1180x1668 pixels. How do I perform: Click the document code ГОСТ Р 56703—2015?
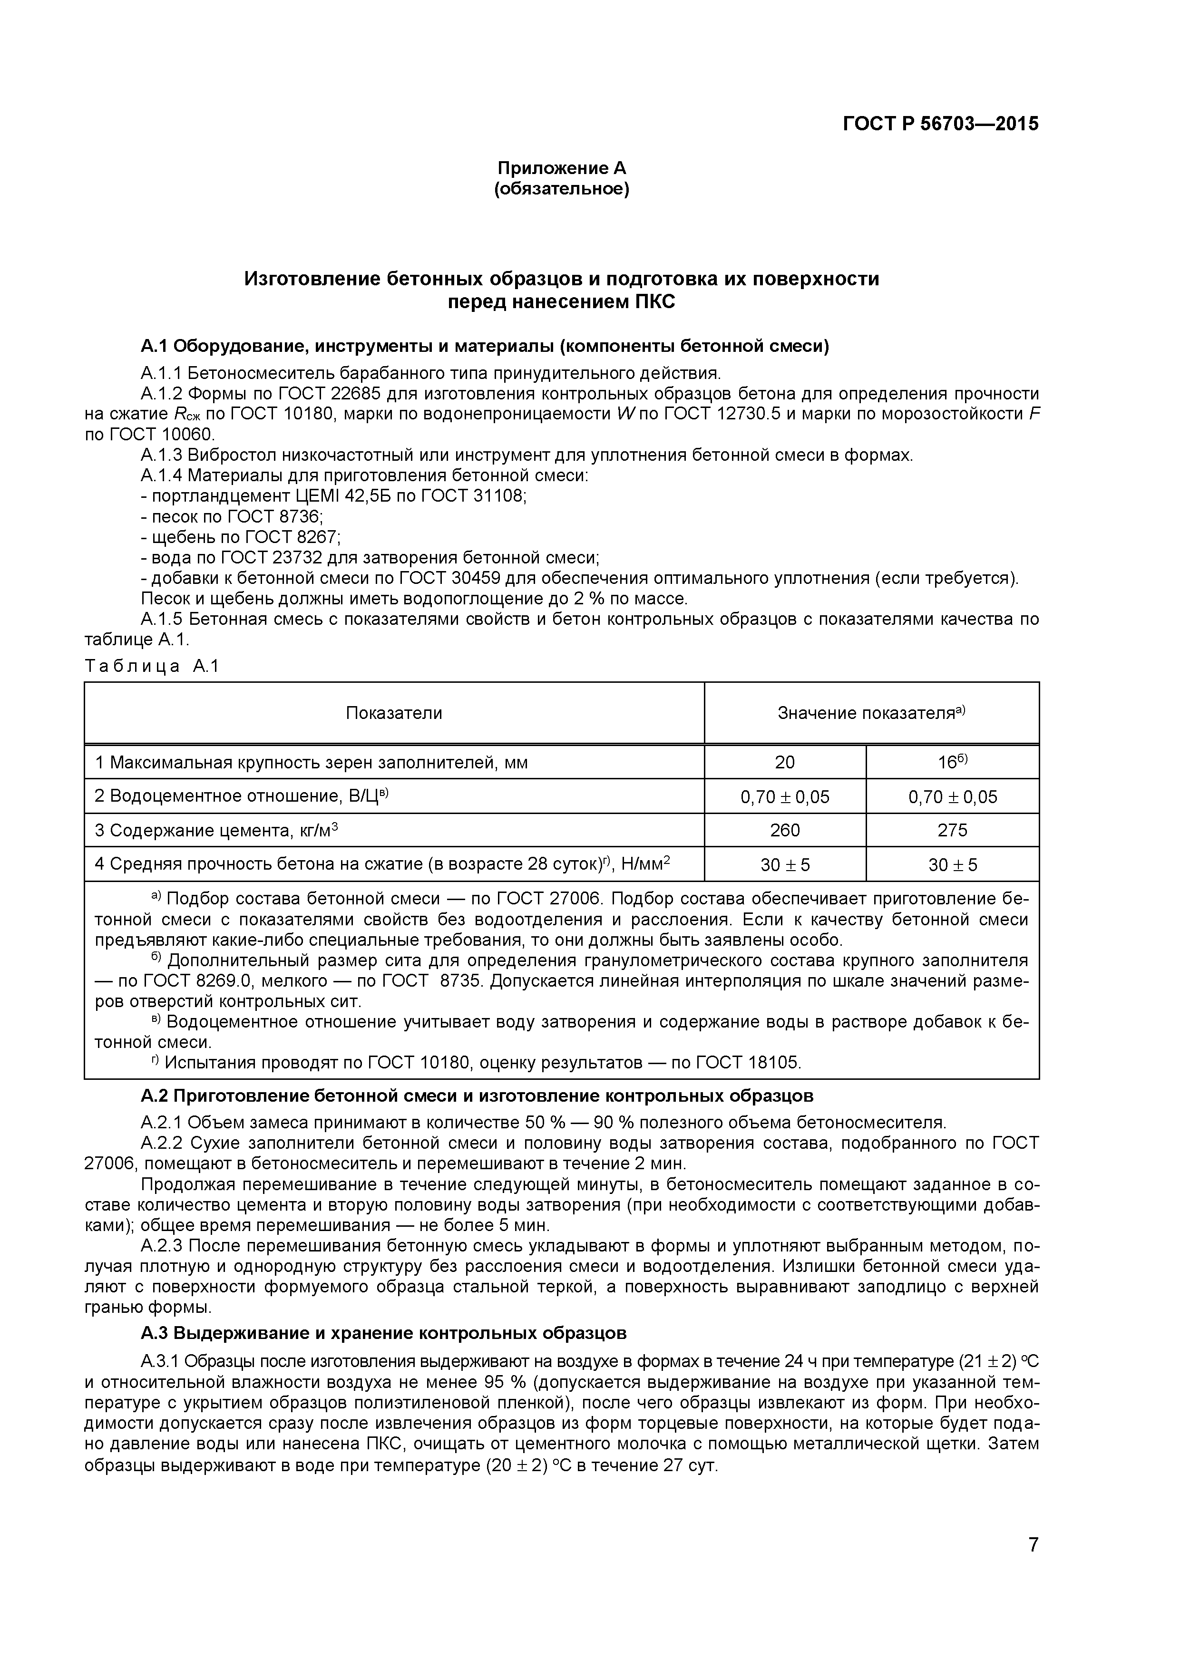click(x=940, y=124)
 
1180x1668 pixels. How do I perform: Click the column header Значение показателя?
click(x=870, y=713)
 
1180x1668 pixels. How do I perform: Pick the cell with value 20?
click(x=785, y=762)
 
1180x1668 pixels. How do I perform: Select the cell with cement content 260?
click(x=785, y=830)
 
